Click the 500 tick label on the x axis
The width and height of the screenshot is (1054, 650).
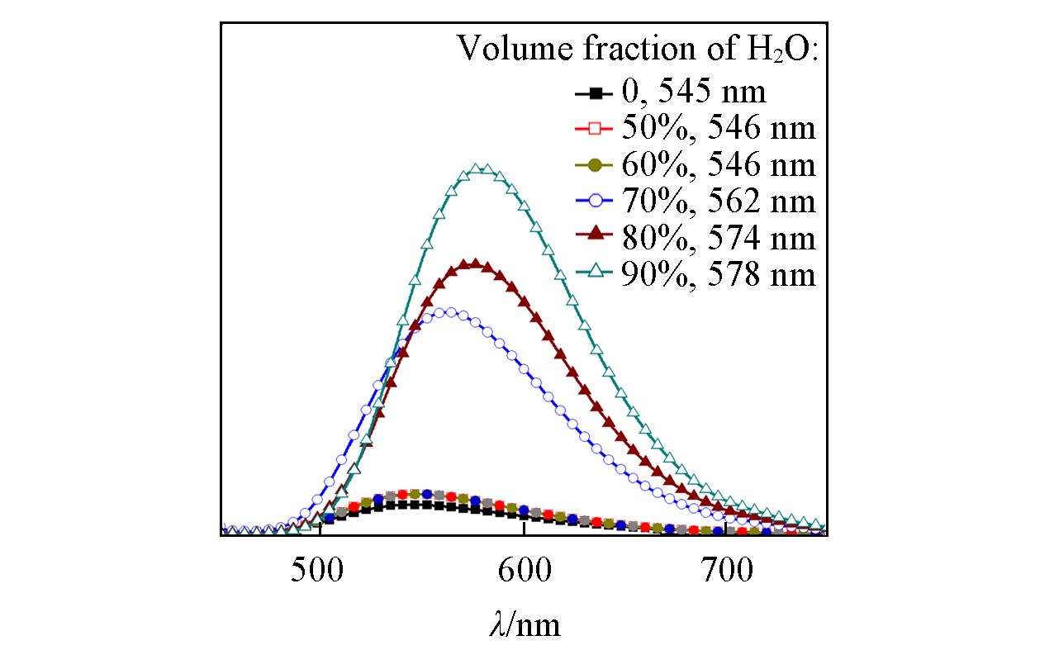coord(319,571)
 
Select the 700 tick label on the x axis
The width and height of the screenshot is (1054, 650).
coord(724,571)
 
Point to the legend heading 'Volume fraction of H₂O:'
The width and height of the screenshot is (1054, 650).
coord(638,50)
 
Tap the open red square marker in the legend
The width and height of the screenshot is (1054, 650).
coord(594,128)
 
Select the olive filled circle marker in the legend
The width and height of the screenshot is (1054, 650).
coord(594,165)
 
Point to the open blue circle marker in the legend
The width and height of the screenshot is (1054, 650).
coord(594,202)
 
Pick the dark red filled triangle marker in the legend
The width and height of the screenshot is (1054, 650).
coord(594,238)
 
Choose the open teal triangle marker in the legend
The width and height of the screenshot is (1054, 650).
coord(594,274)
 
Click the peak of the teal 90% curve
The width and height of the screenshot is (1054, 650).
coord(479,170)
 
